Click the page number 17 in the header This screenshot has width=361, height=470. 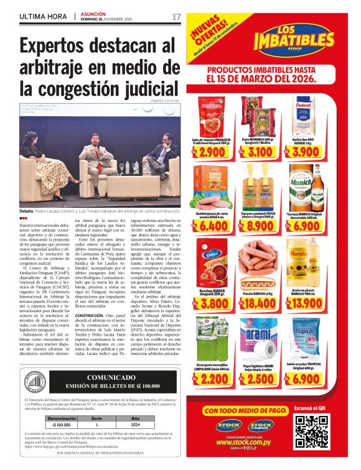176,17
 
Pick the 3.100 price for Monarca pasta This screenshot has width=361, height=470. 260,152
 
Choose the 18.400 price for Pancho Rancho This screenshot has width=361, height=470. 260,303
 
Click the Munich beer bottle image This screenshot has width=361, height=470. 317,187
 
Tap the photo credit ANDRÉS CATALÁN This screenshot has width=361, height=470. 164,100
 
